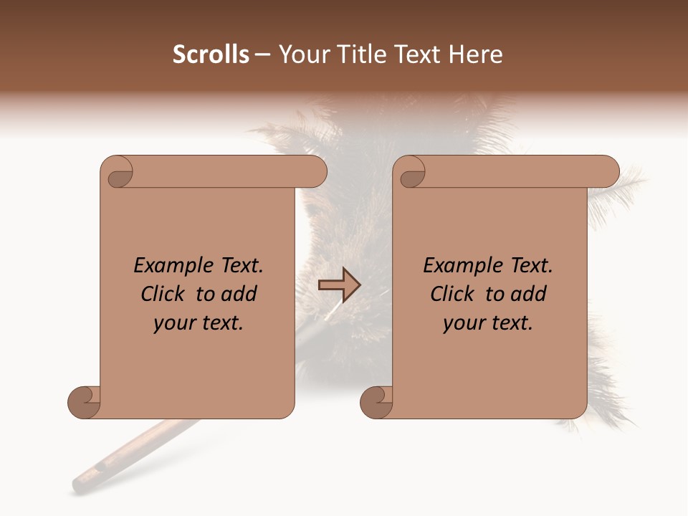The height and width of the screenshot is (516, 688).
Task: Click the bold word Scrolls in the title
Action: pos(211,54)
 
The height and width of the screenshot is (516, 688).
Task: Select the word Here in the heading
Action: pos(476,54)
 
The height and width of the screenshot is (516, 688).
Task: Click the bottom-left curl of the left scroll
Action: pos(85,401)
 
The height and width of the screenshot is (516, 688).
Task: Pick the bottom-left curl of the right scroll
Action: pos(377,401)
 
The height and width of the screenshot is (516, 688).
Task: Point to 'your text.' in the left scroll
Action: pos(199,323)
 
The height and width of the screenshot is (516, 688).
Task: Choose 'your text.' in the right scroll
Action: pos(488,323)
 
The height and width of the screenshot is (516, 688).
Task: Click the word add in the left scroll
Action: pos(240,294)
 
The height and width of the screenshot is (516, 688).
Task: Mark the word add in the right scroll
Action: pos(530,294)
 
